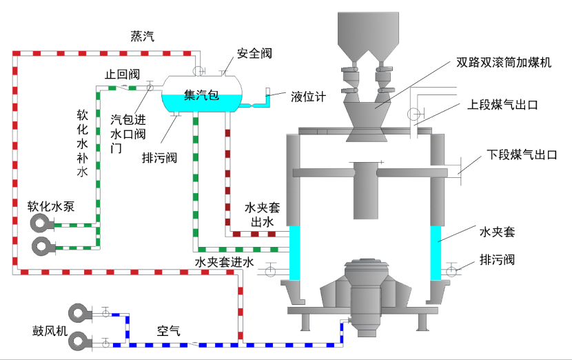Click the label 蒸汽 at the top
point(142,37)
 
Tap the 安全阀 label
point(253,53)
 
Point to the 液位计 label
point(307,97)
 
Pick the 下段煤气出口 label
point(522,154)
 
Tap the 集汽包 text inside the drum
point(201,96)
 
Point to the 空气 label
point(168,331)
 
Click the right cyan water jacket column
point(436,252)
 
